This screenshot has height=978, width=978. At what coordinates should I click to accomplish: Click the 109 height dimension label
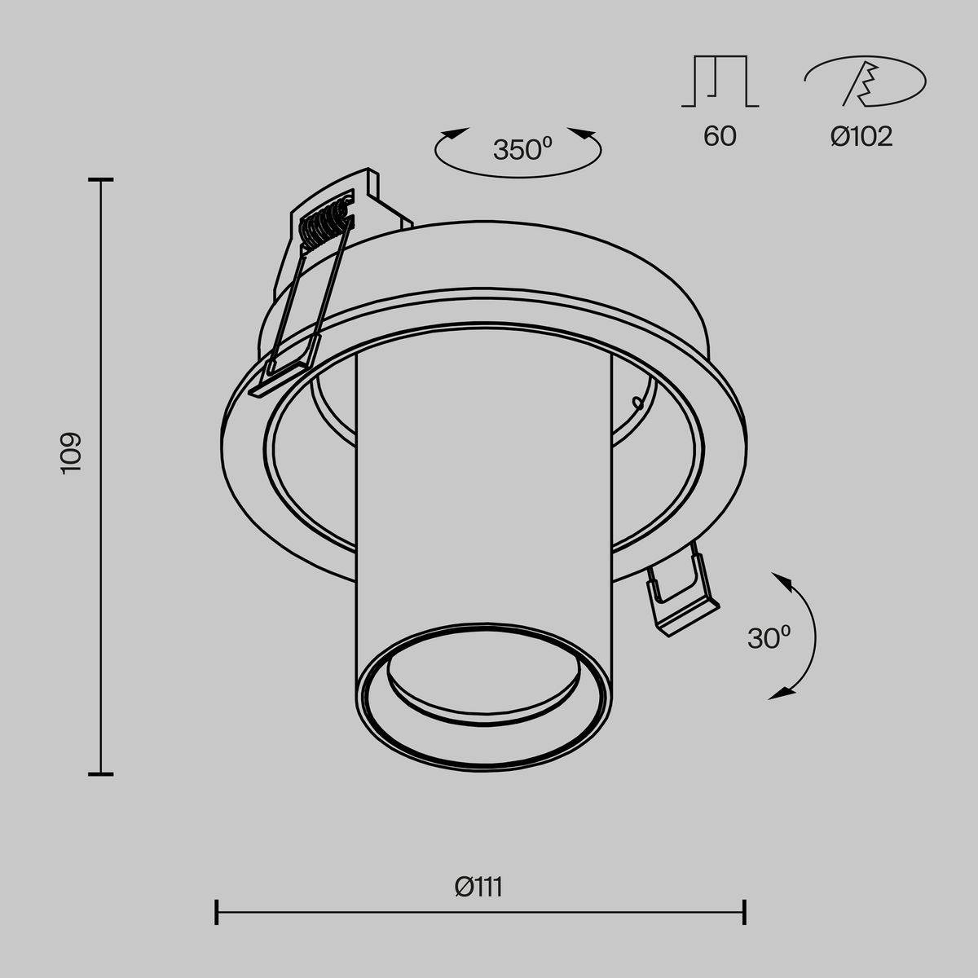click(71, 453)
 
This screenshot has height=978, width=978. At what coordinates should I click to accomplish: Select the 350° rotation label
click(522, 149)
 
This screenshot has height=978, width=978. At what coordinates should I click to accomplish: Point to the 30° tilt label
click(769, 637)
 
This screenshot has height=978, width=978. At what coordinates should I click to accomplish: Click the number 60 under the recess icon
click(720, 136)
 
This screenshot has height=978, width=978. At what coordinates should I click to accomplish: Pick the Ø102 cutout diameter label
click(861, 136)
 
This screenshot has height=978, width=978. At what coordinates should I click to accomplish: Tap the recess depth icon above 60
click(720, 81)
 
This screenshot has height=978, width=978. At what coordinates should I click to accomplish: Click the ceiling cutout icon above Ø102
click(865, 81)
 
